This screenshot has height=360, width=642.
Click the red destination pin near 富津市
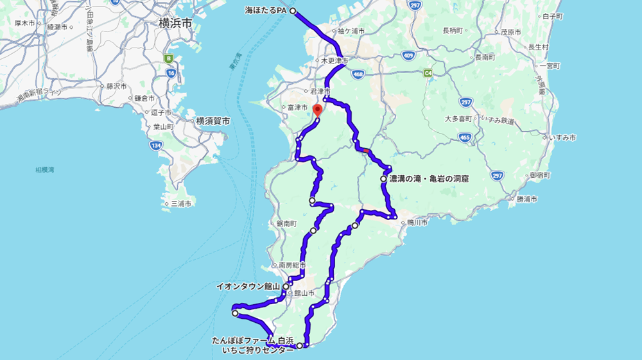(x=317, y=110)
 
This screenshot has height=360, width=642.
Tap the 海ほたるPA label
(x=266, y=11)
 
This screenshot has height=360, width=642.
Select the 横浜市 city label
(x=175, y=24)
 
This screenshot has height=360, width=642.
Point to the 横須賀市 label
(x=213, y=121)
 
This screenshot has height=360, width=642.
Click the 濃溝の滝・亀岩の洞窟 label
(x=428, y=180)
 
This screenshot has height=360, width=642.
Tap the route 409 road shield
(x=408, y=56)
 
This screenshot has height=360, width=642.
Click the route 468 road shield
(x=358, y=74)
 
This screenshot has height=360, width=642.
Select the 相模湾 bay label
(x=45, y=169)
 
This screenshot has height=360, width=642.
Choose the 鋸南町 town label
(x=286, y=224)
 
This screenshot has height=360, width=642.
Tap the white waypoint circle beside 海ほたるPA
(x=292, y=11)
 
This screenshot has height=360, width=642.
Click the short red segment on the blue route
(x=365, y=151)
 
